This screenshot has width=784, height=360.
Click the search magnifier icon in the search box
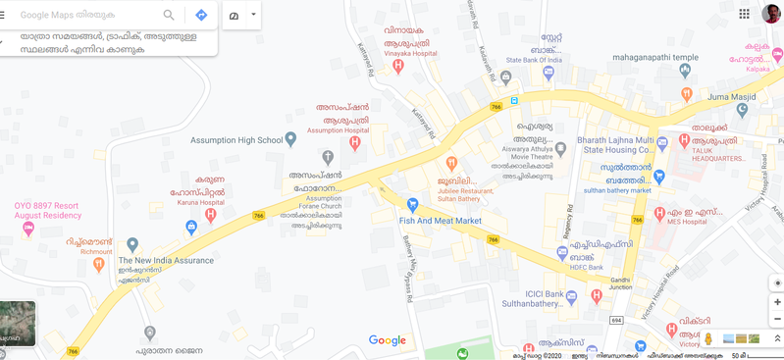point(169,15)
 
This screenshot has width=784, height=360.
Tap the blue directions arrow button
point(201,15)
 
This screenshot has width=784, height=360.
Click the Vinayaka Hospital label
point(410,54)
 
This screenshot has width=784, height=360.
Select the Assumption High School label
point(240,140)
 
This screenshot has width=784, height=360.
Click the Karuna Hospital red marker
point(210,215)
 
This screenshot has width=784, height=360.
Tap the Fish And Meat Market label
point(441,221)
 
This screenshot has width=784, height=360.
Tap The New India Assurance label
point(166,260)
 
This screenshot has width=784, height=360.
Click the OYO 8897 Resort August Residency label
point(46,210)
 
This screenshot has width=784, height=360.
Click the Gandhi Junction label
point(620,284)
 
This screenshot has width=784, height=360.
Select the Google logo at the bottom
point(388,340)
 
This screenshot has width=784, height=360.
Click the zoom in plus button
point(777,302)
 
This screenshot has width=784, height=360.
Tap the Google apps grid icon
point(744,14)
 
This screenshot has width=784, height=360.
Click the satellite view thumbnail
point(18,324)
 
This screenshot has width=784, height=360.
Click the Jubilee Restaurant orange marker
point(451,164)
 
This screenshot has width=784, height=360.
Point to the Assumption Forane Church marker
point(328,157)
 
